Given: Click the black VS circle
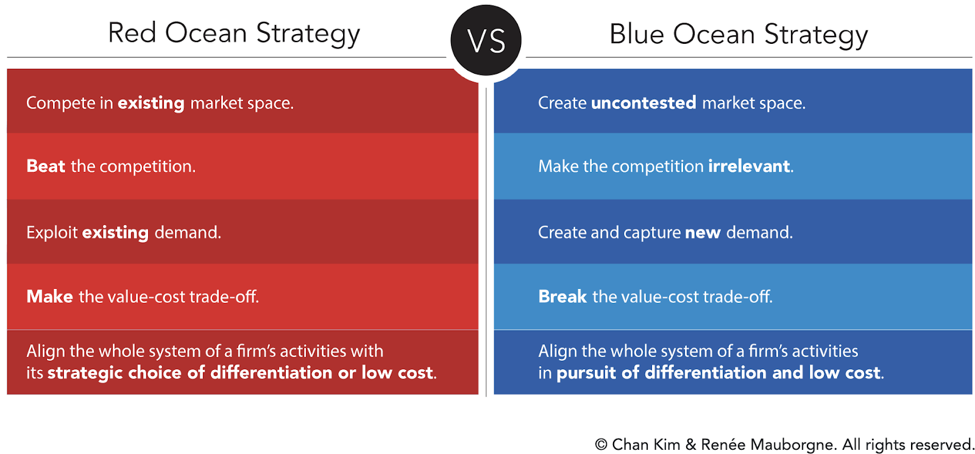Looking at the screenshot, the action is tap(486, 40).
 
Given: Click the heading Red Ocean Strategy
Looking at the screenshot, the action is tap(234, 34).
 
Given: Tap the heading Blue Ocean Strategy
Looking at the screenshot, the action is tap(738, 35).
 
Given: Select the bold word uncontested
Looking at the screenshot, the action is tap(643, 103).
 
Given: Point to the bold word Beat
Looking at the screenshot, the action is tap(46, 166).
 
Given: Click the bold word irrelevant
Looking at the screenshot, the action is tap(749, 166).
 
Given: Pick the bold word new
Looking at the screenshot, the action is tap(703, 233).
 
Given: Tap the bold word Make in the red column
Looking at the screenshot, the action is tap(49, 296).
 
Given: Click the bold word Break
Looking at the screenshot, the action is tap(562, 296).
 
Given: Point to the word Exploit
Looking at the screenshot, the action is tap(52, 233).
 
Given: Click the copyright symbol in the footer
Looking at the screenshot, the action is tap(601, 444).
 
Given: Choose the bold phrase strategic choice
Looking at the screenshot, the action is tap(115, 373).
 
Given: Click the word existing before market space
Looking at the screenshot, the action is tap(151, 104).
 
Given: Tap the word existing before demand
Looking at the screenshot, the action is tap(115, 233).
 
